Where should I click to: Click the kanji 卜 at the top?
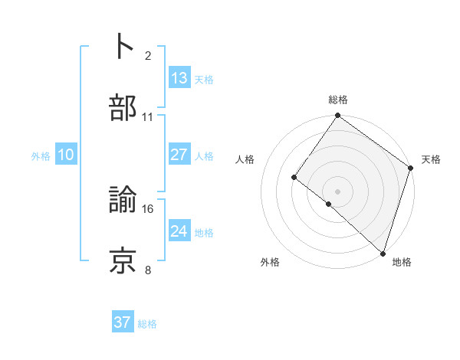tap(123, 45)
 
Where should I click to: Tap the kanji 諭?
tap(123, 200)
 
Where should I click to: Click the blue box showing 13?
tap(179, 77)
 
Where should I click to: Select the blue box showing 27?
tap(179, 154)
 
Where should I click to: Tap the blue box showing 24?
tap(179, 231)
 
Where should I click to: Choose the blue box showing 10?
tap(66, 155)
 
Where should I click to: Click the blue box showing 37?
tap(123, 322)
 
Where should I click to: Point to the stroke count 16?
tap(148, 208)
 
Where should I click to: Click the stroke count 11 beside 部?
tap(148, 116)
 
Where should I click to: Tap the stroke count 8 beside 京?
tap(148, 270)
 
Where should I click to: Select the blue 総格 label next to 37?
tap(147, 324)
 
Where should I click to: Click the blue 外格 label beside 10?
tap(41, 155)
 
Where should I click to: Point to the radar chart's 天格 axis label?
tap(431, 159)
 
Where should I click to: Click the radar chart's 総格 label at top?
tap(338, 100)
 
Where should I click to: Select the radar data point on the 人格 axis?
tap(294, 177)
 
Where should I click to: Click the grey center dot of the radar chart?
tap(337, 191)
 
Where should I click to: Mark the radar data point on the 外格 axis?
tap(328, 204)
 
